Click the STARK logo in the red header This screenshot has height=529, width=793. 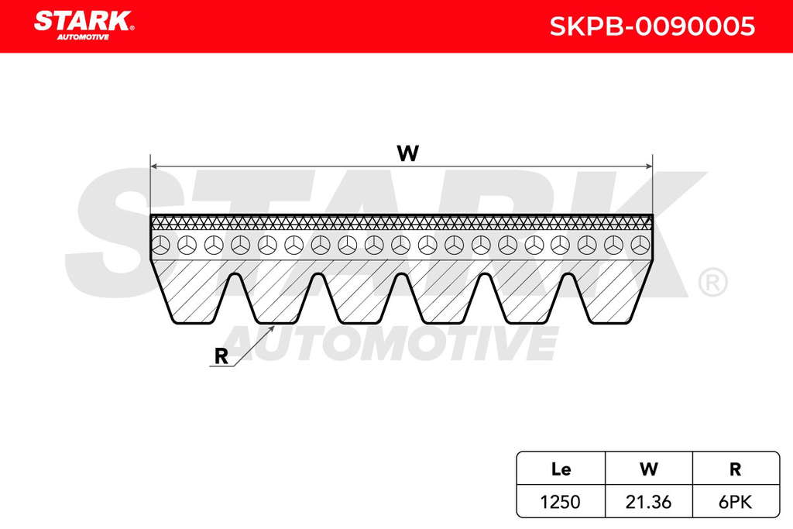click(84, 26)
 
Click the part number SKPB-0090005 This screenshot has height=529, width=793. click(652, 26)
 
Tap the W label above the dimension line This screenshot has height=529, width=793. click(407, 153)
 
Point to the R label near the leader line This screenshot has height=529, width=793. click(221, 356)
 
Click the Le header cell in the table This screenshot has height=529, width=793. click(561, 469)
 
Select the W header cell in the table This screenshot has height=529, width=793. click(648, 469)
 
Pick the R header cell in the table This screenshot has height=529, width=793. click(736, 469)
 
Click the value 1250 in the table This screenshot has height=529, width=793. click(561, 502)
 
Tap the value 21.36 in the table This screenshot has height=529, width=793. click(648, 502)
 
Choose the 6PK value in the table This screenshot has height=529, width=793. click(736, 502)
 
